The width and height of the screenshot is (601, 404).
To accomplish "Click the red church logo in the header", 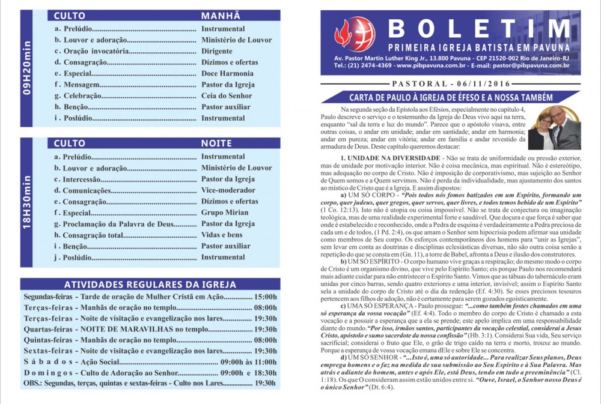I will (355, 34).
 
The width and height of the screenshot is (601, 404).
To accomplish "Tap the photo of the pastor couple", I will (554, 128).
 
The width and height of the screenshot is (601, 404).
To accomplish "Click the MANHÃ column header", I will (221, 16).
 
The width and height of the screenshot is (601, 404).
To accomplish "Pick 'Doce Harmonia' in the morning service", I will (227, 73).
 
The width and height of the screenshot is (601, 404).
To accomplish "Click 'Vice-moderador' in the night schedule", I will (228, 190).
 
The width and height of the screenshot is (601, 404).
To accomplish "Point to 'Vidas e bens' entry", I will (222, 235).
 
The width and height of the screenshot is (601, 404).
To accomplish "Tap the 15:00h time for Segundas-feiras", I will (266, 297).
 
